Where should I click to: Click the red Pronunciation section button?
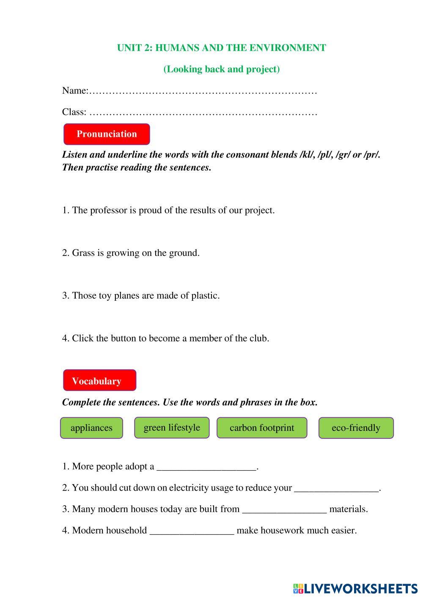[107, 134]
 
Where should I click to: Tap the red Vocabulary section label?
[99, 380]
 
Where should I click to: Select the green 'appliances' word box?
[91, 428]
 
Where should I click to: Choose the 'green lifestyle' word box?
[172, 427]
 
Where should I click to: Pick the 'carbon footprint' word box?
[261, 428]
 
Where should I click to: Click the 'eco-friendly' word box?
[356, 428]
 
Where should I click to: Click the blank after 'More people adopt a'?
[206, 467]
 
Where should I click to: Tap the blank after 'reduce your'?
[336, 488]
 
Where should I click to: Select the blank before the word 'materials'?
[284, 509]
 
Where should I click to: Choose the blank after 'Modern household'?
[192, 531]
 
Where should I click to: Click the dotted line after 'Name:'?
[203, 91]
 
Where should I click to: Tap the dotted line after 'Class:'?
[203, 112]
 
